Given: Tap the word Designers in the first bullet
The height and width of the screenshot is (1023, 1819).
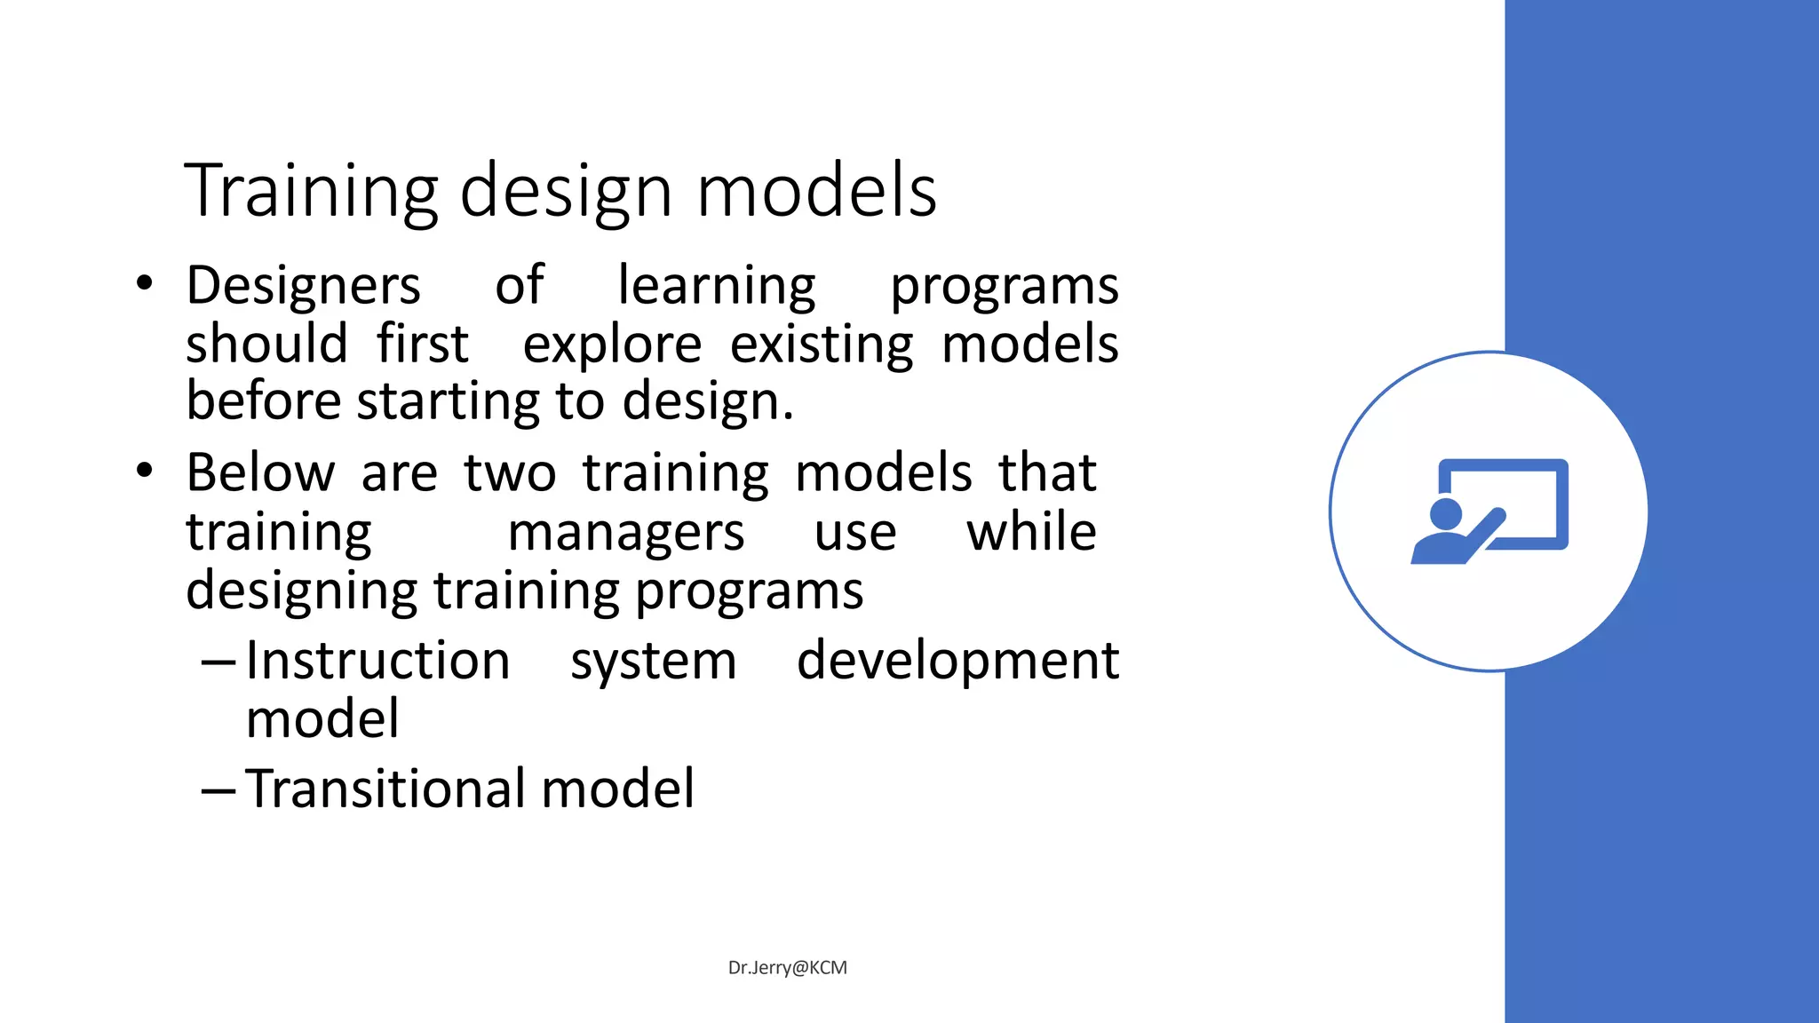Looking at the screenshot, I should (x=303, y=286).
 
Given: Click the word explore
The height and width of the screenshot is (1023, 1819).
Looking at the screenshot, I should (x=612, y=345).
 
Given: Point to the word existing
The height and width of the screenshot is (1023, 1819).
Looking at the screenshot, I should (x=822, y=345).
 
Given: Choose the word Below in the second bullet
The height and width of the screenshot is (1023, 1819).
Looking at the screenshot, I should (x=260, y=472).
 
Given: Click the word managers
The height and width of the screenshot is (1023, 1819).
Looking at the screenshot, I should (x=625, y=533).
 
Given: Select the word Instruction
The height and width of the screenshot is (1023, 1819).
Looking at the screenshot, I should (x=377, y=661).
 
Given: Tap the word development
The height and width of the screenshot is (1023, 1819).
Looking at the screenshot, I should (x=957, y=662).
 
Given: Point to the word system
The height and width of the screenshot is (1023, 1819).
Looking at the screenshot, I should (x=653, y=662).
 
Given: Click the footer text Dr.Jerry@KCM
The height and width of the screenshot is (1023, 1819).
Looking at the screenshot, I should (x=787, y=967).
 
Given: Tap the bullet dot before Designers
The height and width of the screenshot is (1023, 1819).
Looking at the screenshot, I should (x=145, y=284).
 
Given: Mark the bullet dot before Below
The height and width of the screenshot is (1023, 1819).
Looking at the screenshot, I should (x=145, y=472).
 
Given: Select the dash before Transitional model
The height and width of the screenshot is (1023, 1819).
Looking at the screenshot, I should (x=218, y=789).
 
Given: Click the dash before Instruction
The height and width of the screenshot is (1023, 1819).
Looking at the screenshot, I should (x=218, y=662).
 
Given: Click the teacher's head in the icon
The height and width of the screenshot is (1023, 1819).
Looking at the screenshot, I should (x=1446, y=513).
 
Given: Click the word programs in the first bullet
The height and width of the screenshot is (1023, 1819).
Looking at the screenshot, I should (x=1004, y=286).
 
